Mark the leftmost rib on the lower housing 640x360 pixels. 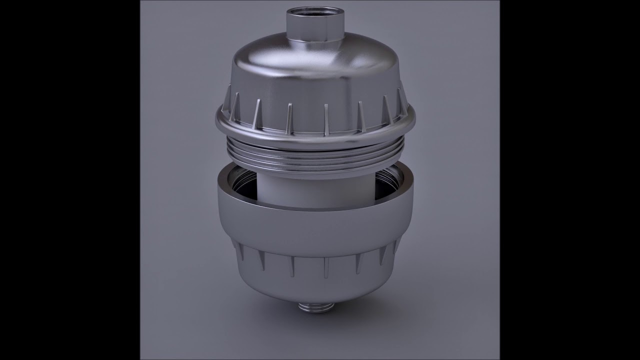[239, 250]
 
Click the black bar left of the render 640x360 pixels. [70, 180]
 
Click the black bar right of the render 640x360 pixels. [570, 180]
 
